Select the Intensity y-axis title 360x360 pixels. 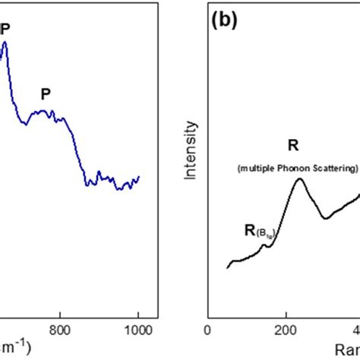point(194,152)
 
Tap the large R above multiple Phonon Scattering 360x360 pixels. point(292,146)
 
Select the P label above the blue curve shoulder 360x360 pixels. point(46,94)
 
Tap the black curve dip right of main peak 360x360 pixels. point(327,218)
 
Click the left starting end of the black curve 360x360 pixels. point(228,267)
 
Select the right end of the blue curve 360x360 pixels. point(139,177)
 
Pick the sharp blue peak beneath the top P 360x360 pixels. point(5,43)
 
